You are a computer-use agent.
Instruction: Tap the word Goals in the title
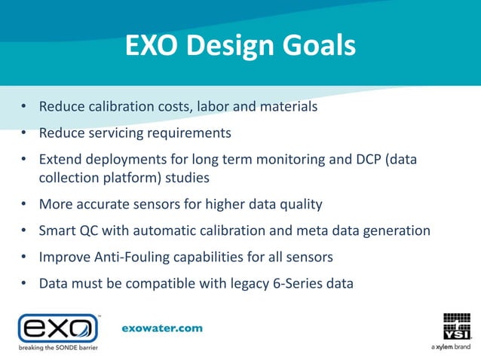317,46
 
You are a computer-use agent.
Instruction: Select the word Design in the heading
228,46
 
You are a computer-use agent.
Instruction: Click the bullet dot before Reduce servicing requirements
24,133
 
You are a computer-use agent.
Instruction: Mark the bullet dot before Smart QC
24,230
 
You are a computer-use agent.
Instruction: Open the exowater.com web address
162,328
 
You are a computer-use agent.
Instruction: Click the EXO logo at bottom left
58,328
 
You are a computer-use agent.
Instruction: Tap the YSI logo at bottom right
456,325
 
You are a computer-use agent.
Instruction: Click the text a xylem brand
451,348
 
